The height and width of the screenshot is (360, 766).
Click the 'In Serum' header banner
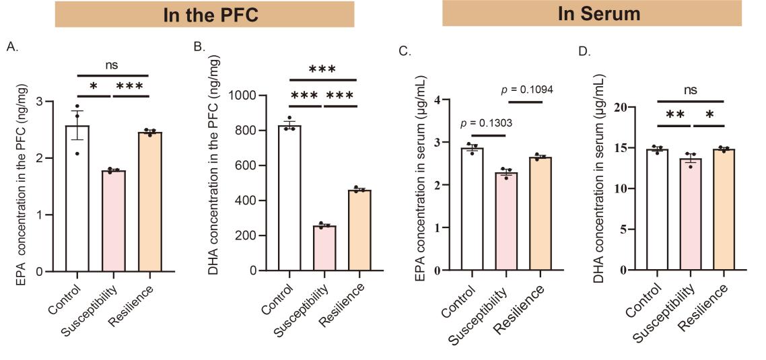point(592,13)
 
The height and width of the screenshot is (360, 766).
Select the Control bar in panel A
point(77,199)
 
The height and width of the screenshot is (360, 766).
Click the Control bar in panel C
point(472,209)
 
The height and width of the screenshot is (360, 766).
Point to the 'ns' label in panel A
point(112,65)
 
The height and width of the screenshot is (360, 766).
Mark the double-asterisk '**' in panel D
point(674,115)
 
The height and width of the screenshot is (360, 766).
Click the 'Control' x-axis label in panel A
point(65,297)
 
